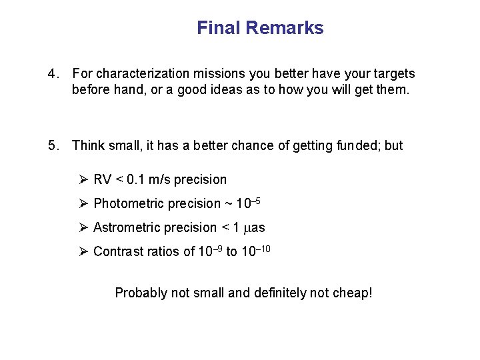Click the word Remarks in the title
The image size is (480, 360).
coord(285,28)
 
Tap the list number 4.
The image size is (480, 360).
coord(53,73)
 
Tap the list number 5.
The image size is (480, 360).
coord(53,145)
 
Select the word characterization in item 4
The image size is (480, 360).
coord(138,73)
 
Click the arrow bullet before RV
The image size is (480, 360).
coord(83,179)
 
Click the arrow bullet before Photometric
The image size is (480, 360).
coord(83,203)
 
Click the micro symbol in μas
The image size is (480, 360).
coord(244,229)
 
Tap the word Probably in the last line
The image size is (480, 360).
coord(141,293)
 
